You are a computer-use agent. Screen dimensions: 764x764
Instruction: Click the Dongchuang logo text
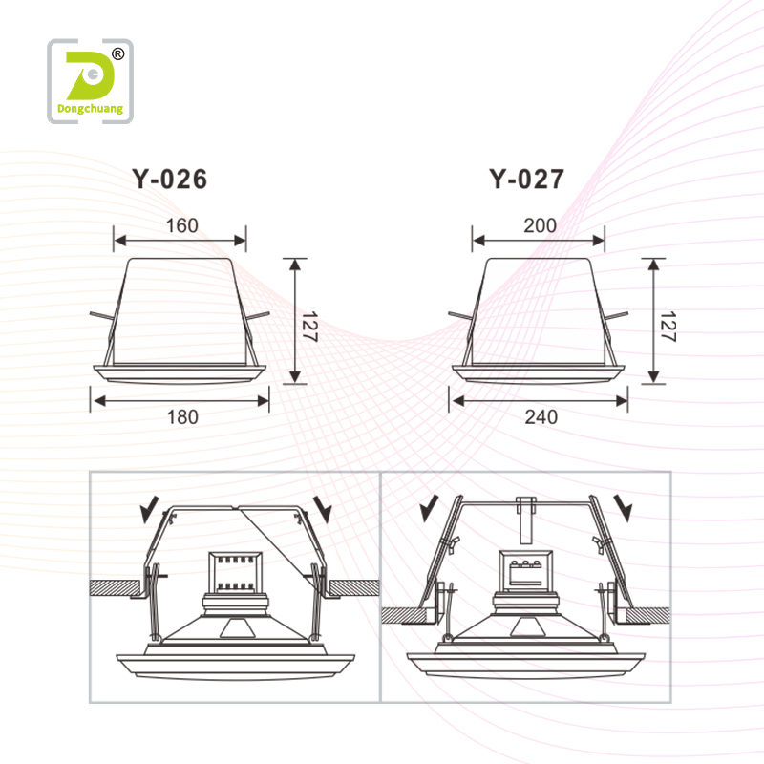(91, 109)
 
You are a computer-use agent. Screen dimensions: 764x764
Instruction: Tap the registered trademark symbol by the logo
(117, 54)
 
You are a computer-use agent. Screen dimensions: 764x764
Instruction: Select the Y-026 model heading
(168, 180)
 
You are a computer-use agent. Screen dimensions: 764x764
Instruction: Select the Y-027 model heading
(526, 180)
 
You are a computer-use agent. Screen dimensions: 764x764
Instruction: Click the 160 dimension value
(180, 226)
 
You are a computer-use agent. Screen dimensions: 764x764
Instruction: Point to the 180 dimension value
(180, 416)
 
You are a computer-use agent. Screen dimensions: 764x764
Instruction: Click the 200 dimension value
(540, 226)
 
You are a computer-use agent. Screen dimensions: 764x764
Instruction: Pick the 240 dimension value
(540, 416)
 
